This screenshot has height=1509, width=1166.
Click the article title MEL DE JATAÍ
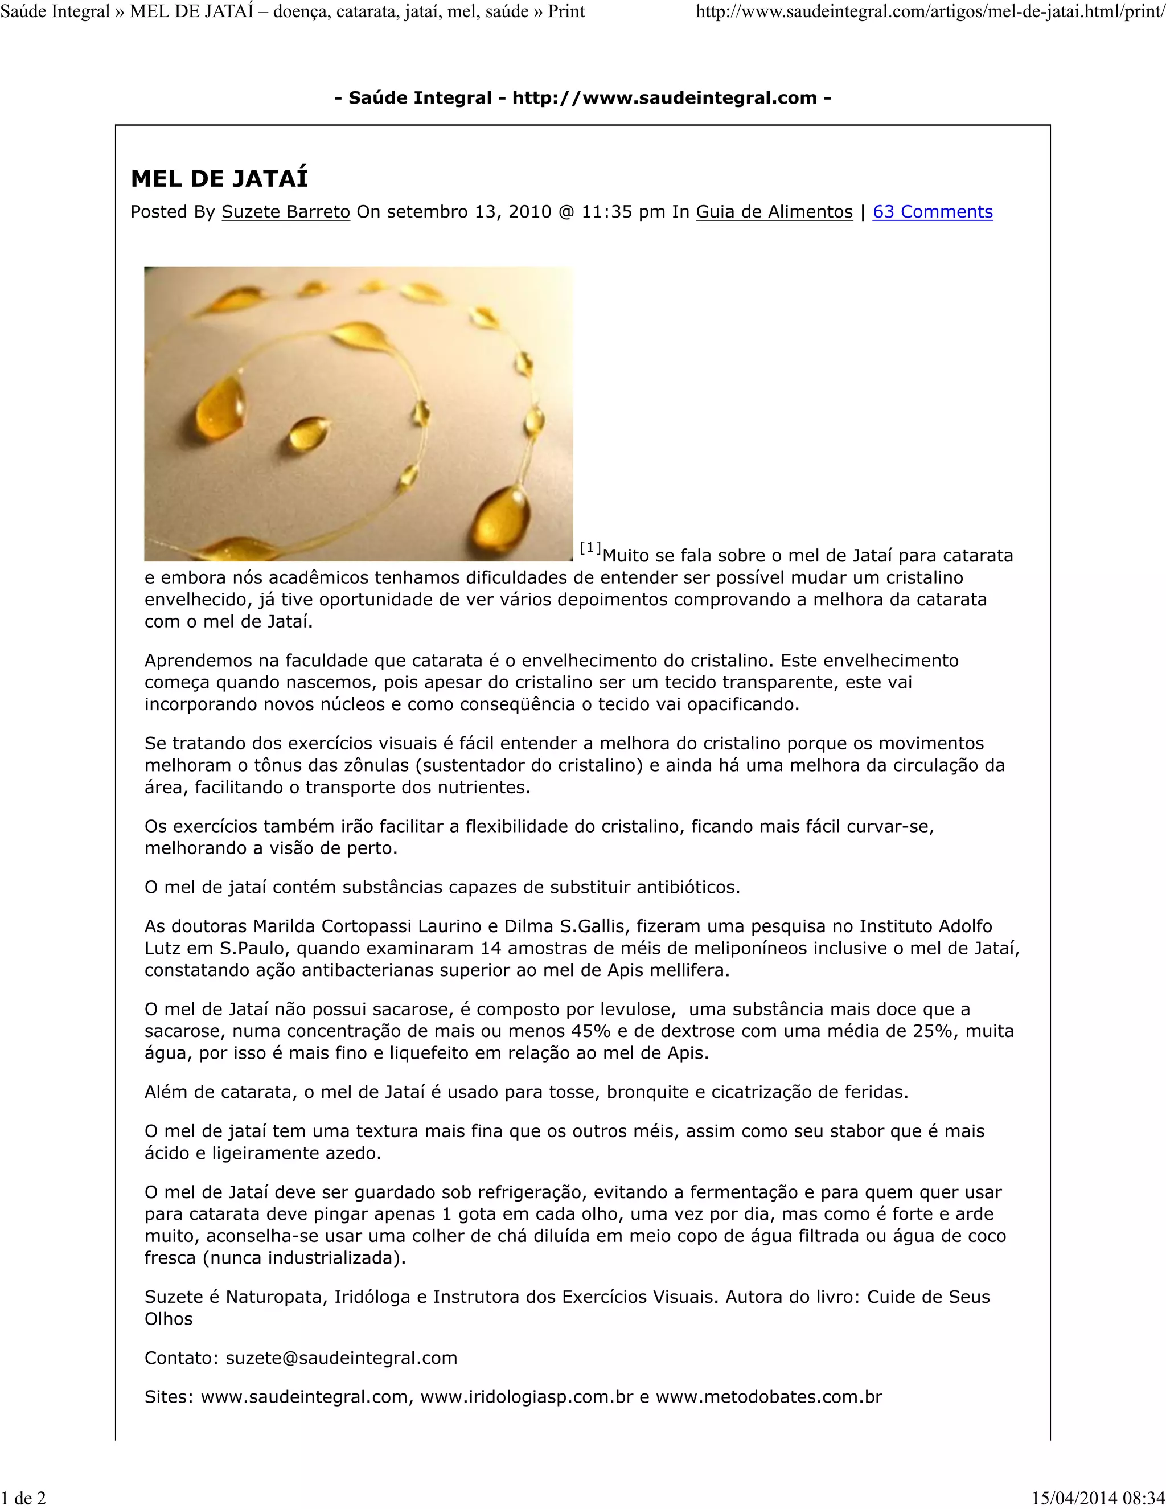click(x=219, y=179)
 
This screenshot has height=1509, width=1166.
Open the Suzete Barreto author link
click(x=285, y=212)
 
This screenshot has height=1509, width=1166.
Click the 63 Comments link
click(x=933, y=212)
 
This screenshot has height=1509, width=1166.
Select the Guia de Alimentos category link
click(x=774, y=212)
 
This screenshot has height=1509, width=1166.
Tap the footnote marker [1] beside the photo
click(x=590, y=548)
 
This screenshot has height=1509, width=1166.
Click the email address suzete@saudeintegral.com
click(x=341, y=1358)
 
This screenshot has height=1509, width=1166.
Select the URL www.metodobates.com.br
click(x=769, y=1396)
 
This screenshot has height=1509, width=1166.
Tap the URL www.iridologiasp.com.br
click(x=527, y=1396)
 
